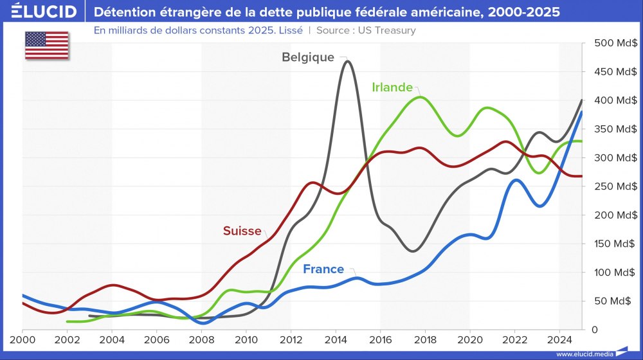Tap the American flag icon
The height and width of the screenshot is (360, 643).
pyautogui.click(x=46, y=45)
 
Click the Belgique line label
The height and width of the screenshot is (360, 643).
pyautogui.click(x=308, y=57)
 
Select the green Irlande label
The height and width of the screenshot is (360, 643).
pyautogui.click(x=392, y=87)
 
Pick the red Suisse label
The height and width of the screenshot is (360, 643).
pyautogui.click(x=242, y=231)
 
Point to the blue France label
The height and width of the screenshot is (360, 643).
pyautogui.click(x=323, y=269)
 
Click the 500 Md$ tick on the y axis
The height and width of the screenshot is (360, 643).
pyautogui.click(x=615, y=43)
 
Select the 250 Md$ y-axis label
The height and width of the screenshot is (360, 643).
pyautogui.click(x=615, y=186)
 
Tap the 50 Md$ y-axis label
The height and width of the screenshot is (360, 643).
pyautogui.click(x=618, y=301)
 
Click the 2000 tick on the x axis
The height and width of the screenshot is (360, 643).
pyautogui.click(x=23, y=339)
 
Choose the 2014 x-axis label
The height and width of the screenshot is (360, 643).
pyautogui.click(x=336, y=339)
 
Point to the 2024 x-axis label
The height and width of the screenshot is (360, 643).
pyautogui.click(x=559, y=339)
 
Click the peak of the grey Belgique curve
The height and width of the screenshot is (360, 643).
pyautogui.click(x=348, y=61)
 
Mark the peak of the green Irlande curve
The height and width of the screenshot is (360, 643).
pyautogui.click(x=420, y=97)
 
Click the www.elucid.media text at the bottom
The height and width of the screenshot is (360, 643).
pyautogui.click(x=584, y=354)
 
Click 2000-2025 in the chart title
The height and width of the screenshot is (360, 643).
pyautogui.click(x=514, y=12)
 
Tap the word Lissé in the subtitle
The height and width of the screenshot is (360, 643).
pyautogui.click(x=287, y=30)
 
